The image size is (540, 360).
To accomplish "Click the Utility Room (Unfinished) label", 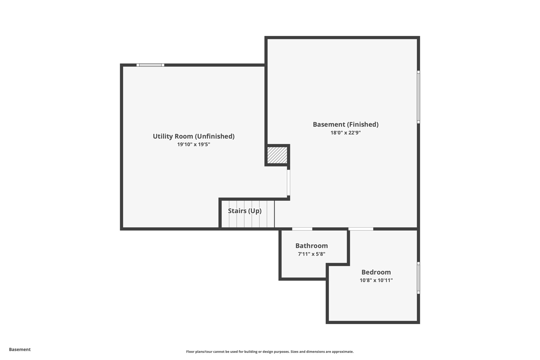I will pos(194,136).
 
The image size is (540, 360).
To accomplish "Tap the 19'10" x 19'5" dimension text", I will pos(194,145).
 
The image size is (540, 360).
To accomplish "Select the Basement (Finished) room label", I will pos(345,124).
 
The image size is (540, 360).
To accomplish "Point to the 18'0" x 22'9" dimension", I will pos(345,133).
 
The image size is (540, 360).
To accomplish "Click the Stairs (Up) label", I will pos(245,211).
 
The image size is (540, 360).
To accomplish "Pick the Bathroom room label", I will pos(311,246).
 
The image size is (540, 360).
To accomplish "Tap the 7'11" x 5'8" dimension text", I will pos(311,254).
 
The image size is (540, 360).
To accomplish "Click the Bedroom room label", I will pos(376,272).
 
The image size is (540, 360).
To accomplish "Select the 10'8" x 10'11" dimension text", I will pos(376,280).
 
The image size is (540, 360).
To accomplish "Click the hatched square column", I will pos(277,155).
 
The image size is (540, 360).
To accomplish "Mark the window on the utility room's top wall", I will pos(150,65).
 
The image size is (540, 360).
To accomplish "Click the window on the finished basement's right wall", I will pos(418,97).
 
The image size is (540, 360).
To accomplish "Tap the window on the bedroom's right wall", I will pos(418,278).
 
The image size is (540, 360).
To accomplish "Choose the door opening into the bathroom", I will pos(302,229).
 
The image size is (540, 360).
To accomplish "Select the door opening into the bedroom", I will pos(361,229).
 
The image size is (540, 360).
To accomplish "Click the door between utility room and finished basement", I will pos(288,183).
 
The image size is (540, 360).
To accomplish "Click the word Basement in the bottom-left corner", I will pos(20,349).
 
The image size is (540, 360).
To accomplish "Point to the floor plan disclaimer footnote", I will pos(270,352).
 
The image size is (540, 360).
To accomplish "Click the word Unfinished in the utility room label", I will pos(215,136).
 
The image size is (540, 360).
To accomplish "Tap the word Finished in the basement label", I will pos(363,124).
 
